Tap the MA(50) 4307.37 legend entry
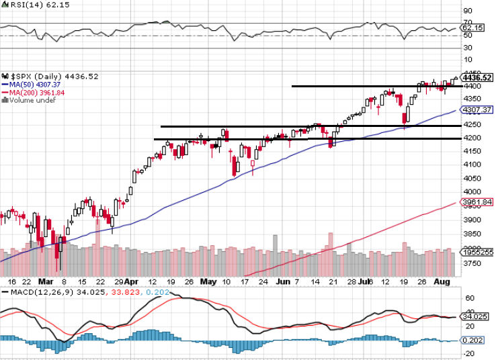coord(35,85)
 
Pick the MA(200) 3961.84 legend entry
coord(37,93)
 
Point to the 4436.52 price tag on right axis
coord(479,78)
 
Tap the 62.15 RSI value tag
coord(474,28)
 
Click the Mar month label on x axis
coord(46,281)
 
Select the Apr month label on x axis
coord(132,281)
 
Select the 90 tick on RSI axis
coord(468,11)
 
